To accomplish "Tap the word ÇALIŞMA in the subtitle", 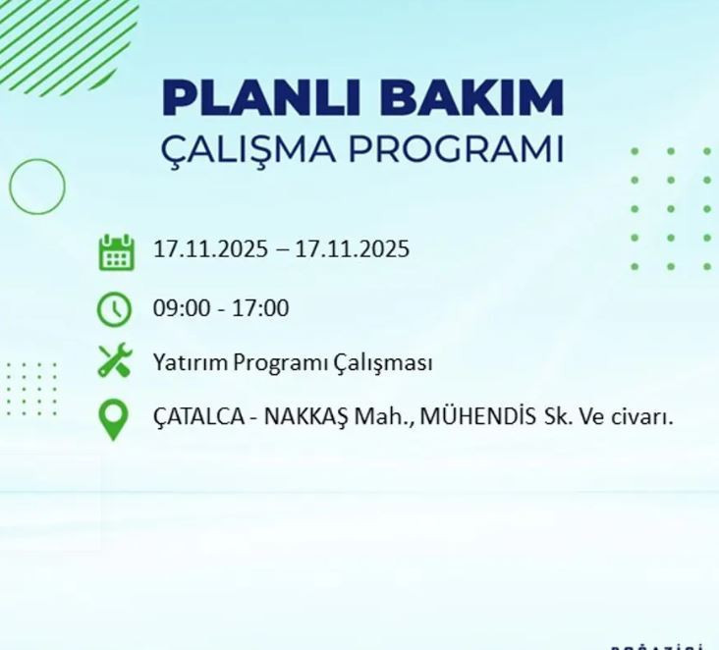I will [x=246, y=149].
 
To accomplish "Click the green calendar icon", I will [x=115, y=251].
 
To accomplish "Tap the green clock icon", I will [x=115, y=309].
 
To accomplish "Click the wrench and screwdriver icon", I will [x=115, y=361].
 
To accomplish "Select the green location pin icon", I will [x=114, y=418].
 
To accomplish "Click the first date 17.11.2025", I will [x=209, y=249].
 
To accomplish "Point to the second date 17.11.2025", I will [x=352, y=249].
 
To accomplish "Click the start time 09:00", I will [x=179, y=308].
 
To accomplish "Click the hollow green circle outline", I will [x=37, y=186].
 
